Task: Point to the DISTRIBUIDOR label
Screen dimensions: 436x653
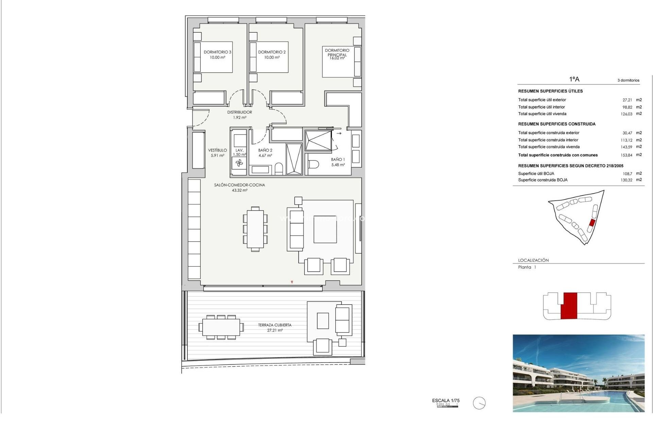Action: coord(240,112)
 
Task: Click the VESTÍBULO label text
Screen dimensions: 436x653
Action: coord(217,150)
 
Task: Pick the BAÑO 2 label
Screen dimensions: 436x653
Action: coord(265,150)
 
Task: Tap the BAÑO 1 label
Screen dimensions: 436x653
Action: coord(338,159)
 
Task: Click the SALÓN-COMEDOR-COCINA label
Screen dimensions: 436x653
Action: coord(239,185)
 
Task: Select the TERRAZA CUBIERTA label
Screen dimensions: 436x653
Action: coord(275,325)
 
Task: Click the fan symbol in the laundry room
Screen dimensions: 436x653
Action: coord(239,163)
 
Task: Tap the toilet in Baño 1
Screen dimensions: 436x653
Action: coord(313,165)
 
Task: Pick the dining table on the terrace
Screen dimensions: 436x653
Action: coord(221,327)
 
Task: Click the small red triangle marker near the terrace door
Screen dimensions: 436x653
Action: coord(292,282)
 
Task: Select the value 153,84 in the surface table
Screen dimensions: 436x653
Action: coord(626,155)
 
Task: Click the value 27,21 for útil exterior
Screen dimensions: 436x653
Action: coord(627,100)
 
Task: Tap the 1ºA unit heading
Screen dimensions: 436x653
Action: coord(574,79)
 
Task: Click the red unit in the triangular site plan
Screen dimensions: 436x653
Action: coord(592,223)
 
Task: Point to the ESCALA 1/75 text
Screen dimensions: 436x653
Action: coord(446,401)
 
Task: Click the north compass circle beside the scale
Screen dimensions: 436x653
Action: coord(479,403)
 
